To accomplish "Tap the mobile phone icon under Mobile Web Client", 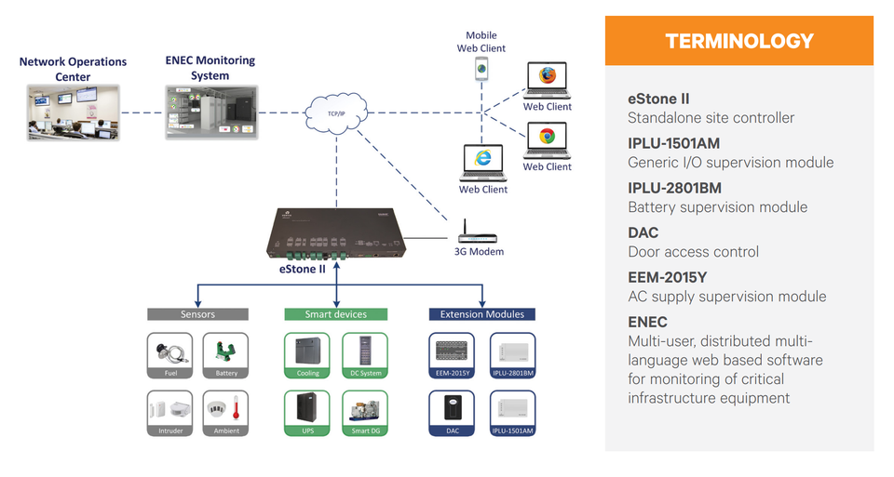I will click(481, 68).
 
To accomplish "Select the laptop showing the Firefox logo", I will click(547, 80).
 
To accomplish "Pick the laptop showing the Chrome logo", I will click(547, 140).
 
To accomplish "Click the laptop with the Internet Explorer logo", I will click(482, 163).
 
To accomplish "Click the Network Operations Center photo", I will click(73, 113).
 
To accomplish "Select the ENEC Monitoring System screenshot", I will click(210, 113).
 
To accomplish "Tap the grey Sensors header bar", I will click(197, 314).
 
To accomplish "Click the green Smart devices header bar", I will click(336, 314).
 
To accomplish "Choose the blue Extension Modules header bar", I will click(481, 314).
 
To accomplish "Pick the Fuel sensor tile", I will click(169, 355).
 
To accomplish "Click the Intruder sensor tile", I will click(169, 413).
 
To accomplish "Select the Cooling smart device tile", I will click(307, 355).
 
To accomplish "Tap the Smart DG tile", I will click(365, 413).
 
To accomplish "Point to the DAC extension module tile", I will click(453, 413).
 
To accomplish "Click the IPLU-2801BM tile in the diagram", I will click(513, 355).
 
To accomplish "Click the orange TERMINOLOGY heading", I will click(739, 41).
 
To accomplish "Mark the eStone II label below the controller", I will click(304, 269).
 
